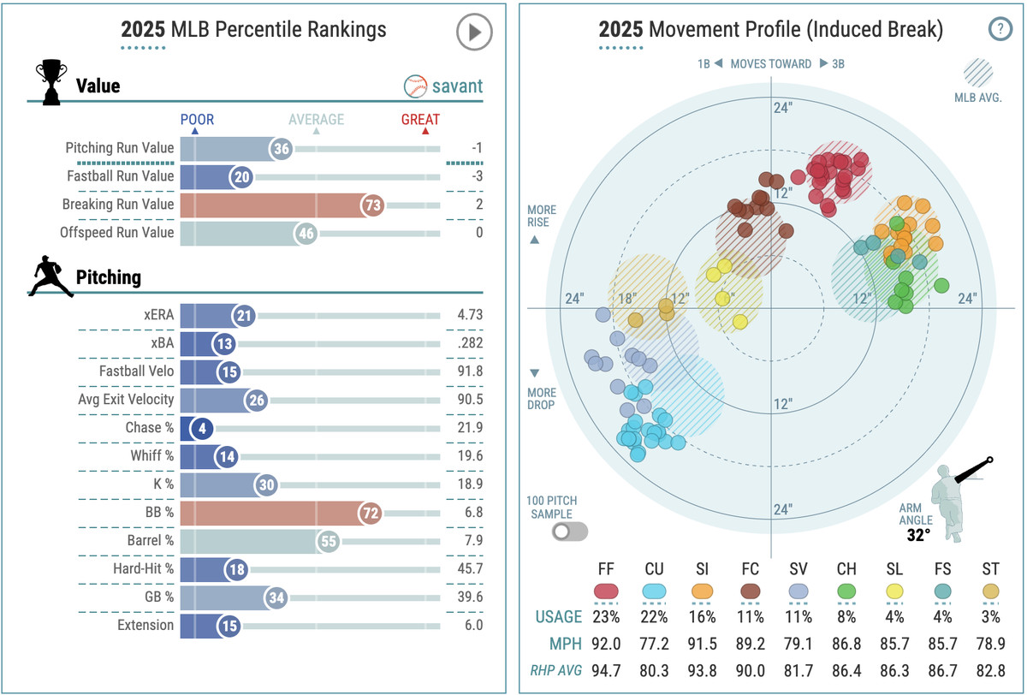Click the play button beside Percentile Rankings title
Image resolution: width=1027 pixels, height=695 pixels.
click(x=473, y=33)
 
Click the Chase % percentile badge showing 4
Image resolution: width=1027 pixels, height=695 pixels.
click(x=201, y=427)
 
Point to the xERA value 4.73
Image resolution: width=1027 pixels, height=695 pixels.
click(x=469, y=315)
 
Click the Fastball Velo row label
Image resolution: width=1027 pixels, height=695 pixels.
click(x=137, y=371)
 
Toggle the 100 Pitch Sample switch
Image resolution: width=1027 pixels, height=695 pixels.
click(x=570, y=531)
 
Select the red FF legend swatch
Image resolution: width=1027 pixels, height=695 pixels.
click(x=606, y=591)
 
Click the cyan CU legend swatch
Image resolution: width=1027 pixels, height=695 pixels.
click(x=655, y=591)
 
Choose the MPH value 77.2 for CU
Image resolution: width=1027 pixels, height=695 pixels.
click(x=655, y=641)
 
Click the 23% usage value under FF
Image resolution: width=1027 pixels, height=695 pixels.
click(x=606, y=616)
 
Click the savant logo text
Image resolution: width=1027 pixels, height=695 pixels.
click(x=456, y=86)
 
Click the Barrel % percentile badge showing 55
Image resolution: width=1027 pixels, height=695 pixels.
click(x=328, y=541)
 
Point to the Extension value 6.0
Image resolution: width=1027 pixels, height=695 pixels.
click(x=472, y=625)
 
